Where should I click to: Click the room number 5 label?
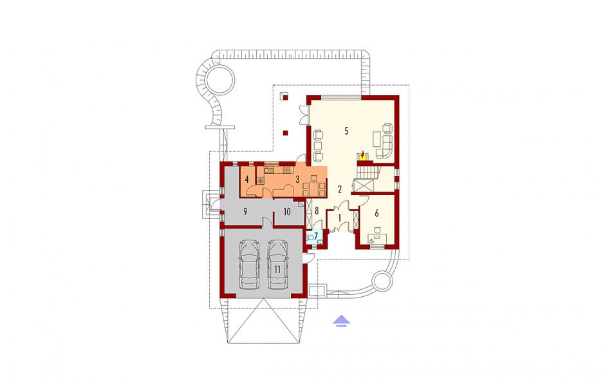pyautogui.click(x=346, y=131)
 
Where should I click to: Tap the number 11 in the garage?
pyautogui.click(x=277, y=269)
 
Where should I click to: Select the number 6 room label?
pyautogui.click(x=377, y=213)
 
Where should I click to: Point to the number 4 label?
pyautogui.click(x=247, y=179)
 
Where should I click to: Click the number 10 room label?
pyautogui.click(x=286, y=212)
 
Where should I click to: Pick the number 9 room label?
pyautogui.click(x=245, y=211)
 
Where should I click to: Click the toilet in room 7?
pyautogui.click(x=310, y=238)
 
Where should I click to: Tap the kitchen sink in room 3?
pyautogui.click(x=269, y=169)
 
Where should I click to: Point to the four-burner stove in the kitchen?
pyautogui.click(x=286, y=169)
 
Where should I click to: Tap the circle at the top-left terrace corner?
pyautogui.click(x=219, y=80)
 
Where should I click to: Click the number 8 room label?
pyautogui.click(x=317, y=211)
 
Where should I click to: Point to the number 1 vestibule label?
pyautogui.click(x=340, y=218)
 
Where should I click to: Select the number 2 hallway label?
pyautogui.click(x=340, y=189)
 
